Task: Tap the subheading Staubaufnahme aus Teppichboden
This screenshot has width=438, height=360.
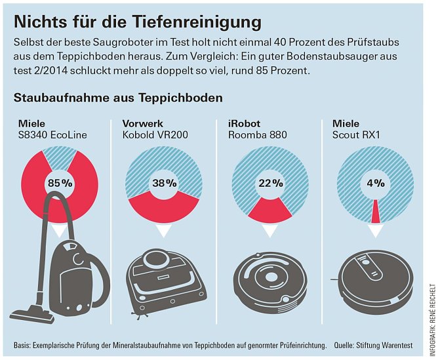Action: [x=118, y=98]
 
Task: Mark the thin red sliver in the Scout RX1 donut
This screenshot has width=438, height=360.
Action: [x=375, y=210]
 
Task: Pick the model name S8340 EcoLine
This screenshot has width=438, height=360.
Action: [x=52, y=135]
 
